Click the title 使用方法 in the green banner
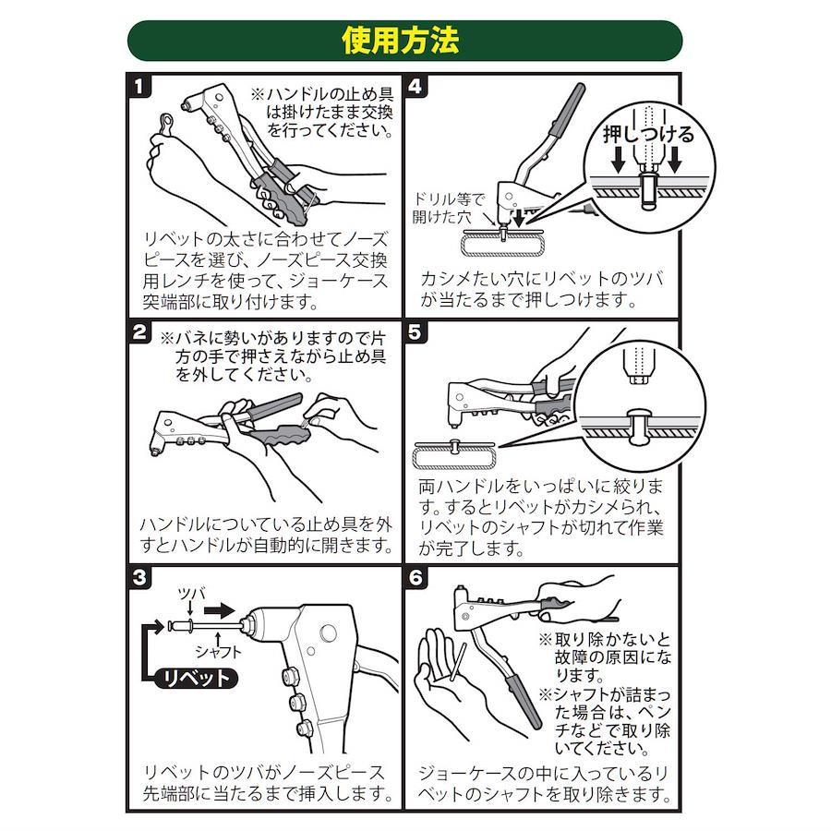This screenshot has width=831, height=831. click(x=400, y=41)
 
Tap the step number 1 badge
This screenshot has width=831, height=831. click(x=139, y=86)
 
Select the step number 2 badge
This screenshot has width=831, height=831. click(x=139, y=332)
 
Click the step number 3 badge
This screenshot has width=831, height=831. click(x=139, y=577)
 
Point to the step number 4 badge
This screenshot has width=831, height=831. click(x=416, y=86)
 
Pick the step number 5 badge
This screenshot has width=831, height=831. click(x=416, y=332)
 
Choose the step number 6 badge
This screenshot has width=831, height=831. click(x=416, y=577)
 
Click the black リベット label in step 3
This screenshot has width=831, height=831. click(x=196, y=678)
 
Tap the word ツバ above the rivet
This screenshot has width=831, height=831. click(x=191, y=594)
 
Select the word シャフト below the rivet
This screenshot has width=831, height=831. click(x=218, y=651)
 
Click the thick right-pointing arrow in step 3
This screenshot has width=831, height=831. click(x=219, y=610)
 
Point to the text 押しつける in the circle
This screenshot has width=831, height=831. click(x=648, y=135)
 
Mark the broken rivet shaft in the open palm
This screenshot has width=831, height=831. click(x=457, y=662)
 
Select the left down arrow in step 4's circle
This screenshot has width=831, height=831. click(x=618, y=160)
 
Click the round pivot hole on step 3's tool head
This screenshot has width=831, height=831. click(x=328, y=633)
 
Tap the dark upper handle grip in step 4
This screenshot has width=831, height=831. click(x=567, y=110)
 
